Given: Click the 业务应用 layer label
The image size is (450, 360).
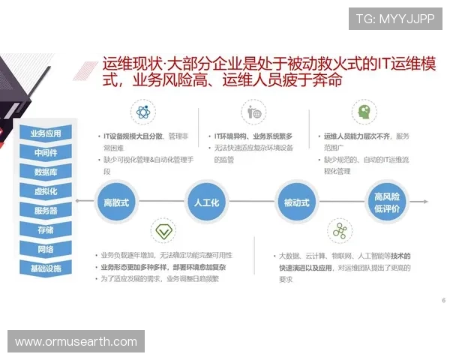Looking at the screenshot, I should tap(46, 133).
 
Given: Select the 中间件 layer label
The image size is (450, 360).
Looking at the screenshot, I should tap(46, 153).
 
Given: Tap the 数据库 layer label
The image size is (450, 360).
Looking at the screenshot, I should tap(46, 172).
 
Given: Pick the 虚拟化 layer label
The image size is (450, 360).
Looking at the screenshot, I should tap(46, 191).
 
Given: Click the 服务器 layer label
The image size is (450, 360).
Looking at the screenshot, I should tap(46, 211).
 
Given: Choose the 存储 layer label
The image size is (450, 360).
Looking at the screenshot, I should tap(46, 229).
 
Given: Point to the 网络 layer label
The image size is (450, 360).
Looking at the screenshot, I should tap(46, 249).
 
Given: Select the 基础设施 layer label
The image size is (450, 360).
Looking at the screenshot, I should tap(46, 268).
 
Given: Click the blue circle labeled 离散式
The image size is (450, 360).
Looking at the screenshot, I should tap(115, 202).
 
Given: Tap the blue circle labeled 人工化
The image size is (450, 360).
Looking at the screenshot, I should tap(206, 202).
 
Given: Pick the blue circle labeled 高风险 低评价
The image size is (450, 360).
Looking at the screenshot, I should tap(387, 202).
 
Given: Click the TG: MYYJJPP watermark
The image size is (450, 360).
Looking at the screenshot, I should tap(395, 19).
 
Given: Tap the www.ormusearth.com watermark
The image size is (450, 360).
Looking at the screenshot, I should tap(76, 342).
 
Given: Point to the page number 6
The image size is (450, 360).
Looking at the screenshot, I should tap(443, 300).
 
